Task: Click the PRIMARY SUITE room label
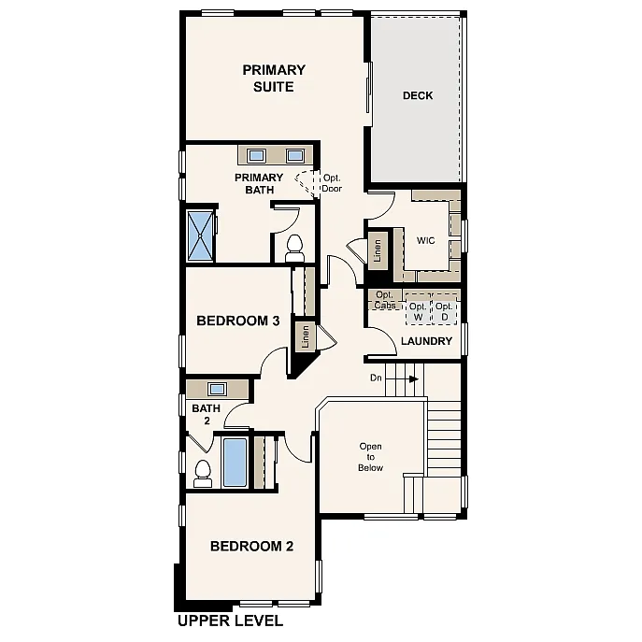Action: pos(274,78)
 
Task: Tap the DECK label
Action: pos(418,95)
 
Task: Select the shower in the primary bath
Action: pos(201,235)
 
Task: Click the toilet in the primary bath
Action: pos(295,249)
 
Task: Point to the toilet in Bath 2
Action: pos(203,473)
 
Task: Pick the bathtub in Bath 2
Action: pos(235,463)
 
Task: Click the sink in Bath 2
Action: pos(218,389)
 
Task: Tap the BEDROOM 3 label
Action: pos(238,321)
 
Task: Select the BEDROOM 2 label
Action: pos(251,547)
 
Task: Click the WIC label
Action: pos(426,240)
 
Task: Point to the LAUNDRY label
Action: pos(426,341)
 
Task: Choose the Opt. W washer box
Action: pos(417,312)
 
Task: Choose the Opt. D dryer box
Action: pos(444,312)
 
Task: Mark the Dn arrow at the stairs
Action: pos(409,378)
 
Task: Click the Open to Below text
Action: pos(370,457)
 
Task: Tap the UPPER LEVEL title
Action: pos(230,620)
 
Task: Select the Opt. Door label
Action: pos(332,182)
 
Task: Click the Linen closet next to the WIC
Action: pos(378,250)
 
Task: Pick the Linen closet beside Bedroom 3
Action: pos(305,337)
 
